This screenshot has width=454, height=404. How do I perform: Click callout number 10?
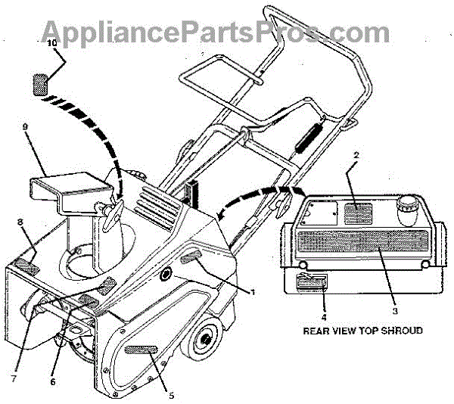pyautogui.click(x=52, y=44)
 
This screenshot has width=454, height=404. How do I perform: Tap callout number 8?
pyautogui.click(x=20, y=222)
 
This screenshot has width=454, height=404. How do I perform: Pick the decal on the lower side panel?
pyautogui.click(x=141, y=350)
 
